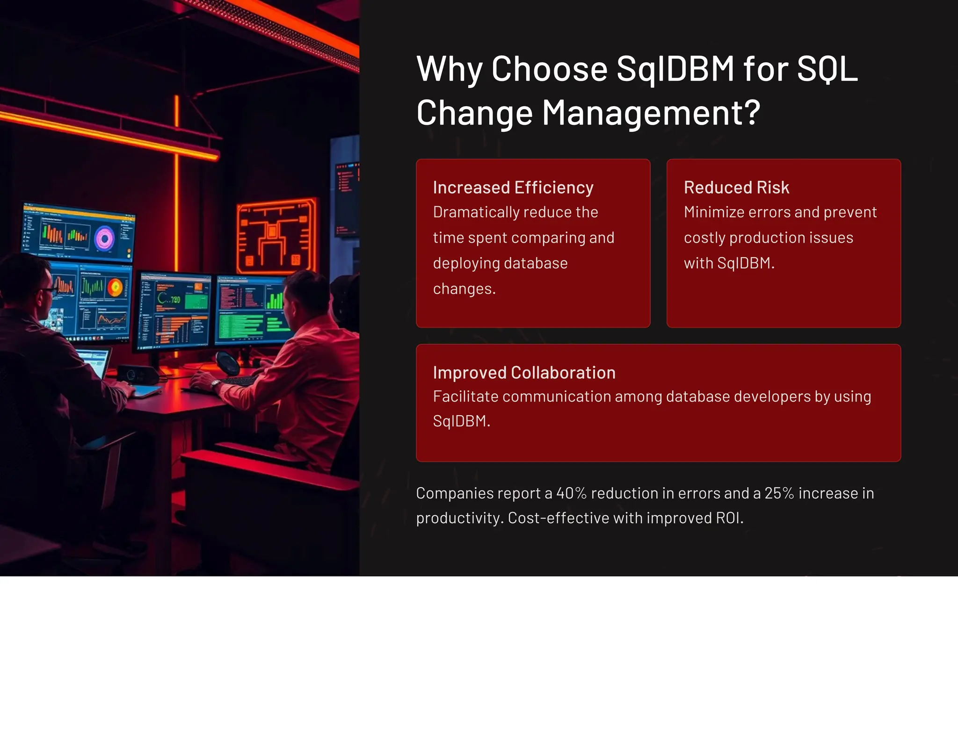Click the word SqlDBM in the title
tap(675, 69)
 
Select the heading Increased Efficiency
tap(513, 187)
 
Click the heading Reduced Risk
tap(736, 187)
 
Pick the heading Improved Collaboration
tap(524, 373)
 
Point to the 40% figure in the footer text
tap(571, 493)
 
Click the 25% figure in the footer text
tap(779, 493)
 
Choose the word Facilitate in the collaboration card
tap(465, 397)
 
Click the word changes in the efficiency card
tap(464, 289)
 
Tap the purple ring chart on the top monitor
tap(105, 239)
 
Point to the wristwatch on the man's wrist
tap(216, 385)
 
